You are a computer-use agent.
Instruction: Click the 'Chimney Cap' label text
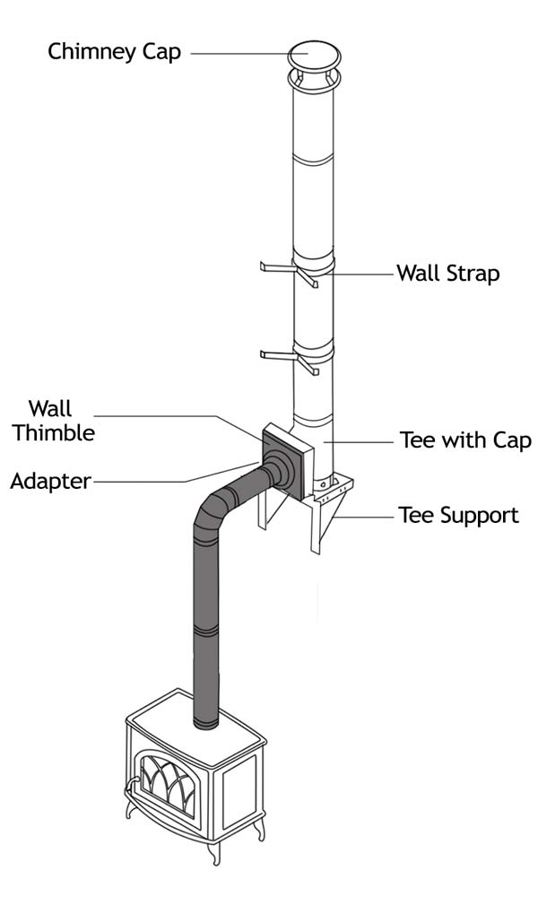pyautogui.click(x=114, y=51)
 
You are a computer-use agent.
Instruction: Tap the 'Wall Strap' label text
pyautogui.click(x=447, y=272)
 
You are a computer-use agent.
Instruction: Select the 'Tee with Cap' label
pyautogui.click(x=465, y=440)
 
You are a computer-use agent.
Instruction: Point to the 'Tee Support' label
pyautogui.click(x=458, y=515)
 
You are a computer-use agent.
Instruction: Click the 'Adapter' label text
pyautogui.click(x=50, y=482)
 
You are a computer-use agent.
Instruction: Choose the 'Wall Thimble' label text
pyautogui.click(x=60, y=421)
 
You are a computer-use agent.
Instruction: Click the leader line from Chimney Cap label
pyautogui.click(x=238, y=52)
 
